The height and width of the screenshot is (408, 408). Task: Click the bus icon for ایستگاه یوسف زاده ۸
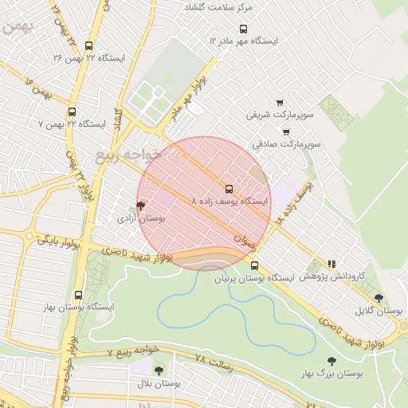(229, 189)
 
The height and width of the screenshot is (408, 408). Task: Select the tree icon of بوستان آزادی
(141, 206)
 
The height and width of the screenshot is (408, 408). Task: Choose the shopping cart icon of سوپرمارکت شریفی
(279, 102)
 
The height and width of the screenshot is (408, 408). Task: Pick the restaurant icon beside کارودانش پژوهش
(331, 264)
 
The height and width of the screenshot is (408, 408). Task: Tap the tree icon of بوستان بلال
(159, 371)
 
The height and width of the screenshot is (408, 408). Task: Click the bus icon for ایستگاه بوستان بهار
(78, 295)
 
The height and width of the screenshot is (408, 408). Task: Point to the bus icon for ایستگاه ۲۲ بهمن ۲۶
(88, 45)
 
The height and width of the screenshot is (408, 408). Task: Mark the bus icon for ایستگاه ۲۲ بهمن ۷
(73, 112)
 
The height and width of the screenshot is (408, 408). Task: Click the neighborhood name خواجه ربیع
(128, 154)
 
